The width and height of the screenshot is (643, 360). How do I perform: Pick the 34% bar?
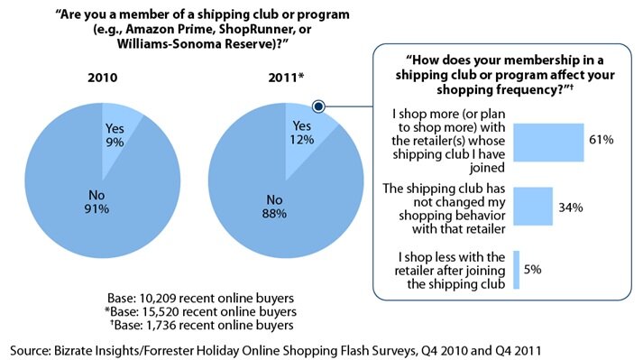click(532, 207)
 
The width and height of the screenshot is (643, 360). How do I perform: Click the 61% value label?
click(601, 140)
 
